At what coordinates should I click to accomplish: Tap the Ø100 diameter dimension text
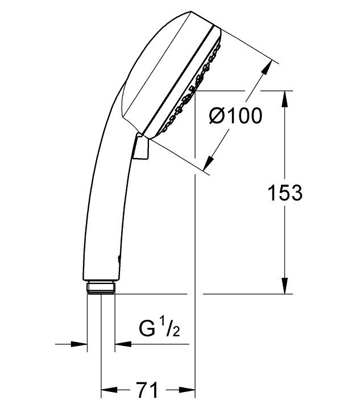tap(235, 116)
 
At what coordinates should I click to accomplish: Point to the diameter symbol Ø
tap(216, 116)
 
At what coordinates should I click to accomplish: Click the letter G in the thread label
tap(146, 329)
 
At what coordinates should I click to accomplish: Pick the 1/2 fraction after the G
tap(168, 328)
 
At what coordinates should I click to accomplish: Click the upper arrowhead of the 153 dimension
tap(285, 96)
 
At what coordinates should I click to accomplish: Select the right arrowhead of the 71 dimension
tap(189, 390)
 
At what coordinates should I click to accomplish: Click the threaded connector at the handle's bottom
tap(102, 287)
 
